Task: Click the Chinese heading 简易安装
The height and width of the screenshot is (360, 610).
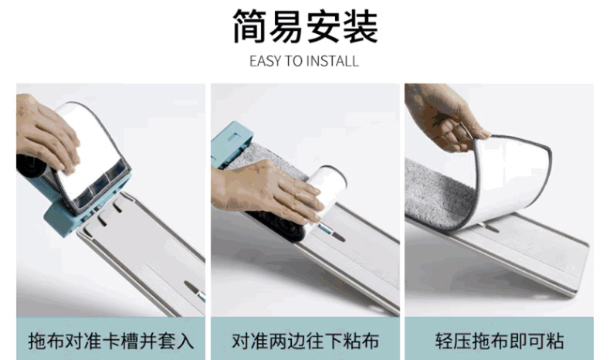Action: click(305, 26)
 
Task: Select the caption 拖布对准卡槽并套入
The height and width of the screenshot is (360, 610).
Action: click(111, 341)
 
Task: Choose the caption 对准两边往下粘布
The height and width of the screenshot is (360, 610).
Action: click(305, 341)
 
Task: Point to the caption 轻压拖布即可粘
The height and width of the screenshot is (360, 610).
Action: click(499, 341)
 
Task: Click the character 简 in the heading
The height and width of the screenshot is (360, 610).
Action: click(249, 26)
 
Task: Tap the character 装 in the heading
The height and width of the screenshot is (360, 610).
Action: click(361, 26)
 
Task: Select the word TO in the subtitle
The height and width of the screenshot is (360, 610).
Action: click(293, 62)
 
